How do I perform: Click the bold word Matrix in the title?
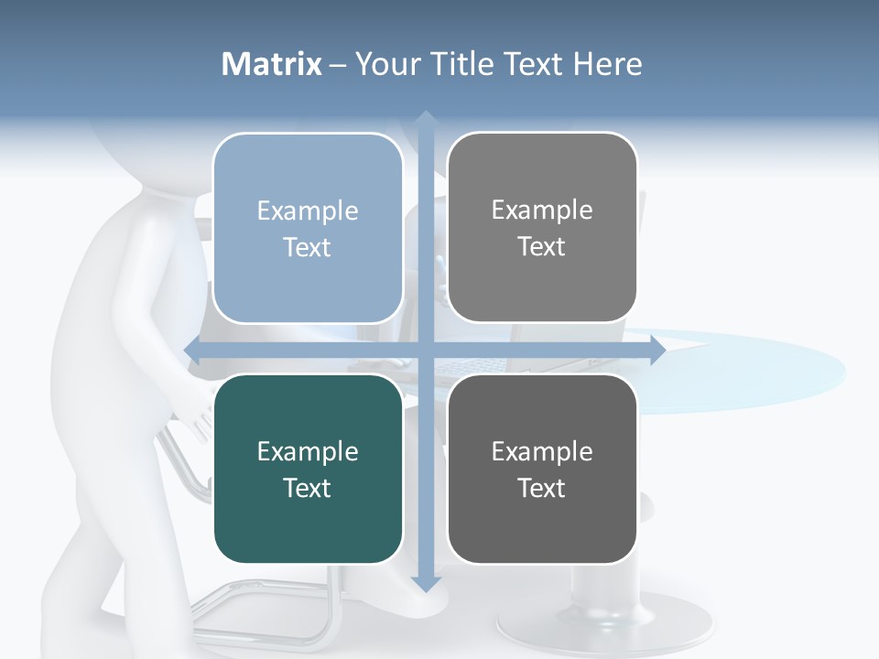(x=272, y=64)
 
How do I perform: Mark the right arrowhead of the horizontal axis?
(x=657, y=350)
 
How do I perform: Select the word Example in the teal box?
(x=308, y=451)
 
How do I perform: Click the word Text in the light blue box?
(x=308, y=247)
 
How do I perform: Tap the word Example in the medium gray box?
(x=542, y=210)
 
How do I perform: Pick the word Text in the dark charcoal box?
(x=542, y=488)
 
